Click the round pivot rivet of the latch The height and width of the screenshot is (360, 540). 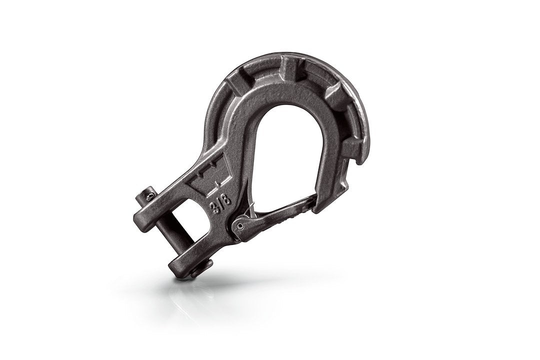coord(241,226)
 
